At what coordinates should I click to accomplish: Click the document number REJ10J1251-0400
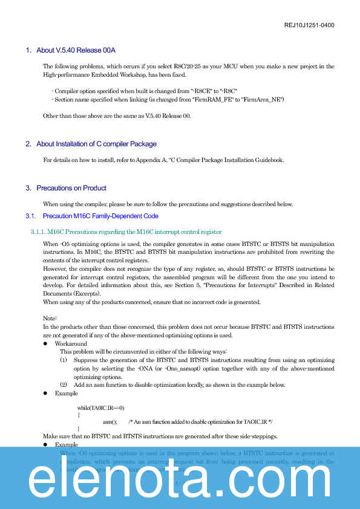coord(309,25)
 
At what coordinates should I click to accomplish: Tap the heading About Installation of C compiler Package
coord(96,144)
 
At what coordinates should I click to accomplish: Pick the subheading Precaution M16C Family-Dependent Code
coord(100,216)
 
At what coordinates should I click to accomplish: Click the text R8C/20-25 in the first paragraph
coord(201,66)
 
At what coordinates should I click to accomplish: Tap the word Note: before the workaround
coord(50,318)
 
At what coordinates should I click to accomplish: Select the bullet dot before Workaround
coord(45,343)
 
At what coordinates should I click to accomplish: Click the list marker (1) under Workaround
coord(64,360)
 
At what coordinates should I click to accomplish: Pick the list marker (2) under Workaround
coord(64,385)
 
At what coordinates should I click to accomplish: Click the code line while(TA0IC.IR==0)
coord(101,408)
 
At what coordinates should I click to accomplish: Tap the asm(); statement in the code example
coord(110,422)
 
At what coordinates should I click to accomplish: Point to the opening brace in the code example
coord(79,415)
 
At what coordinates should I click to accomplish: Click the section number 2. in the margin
coord(28,144)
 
